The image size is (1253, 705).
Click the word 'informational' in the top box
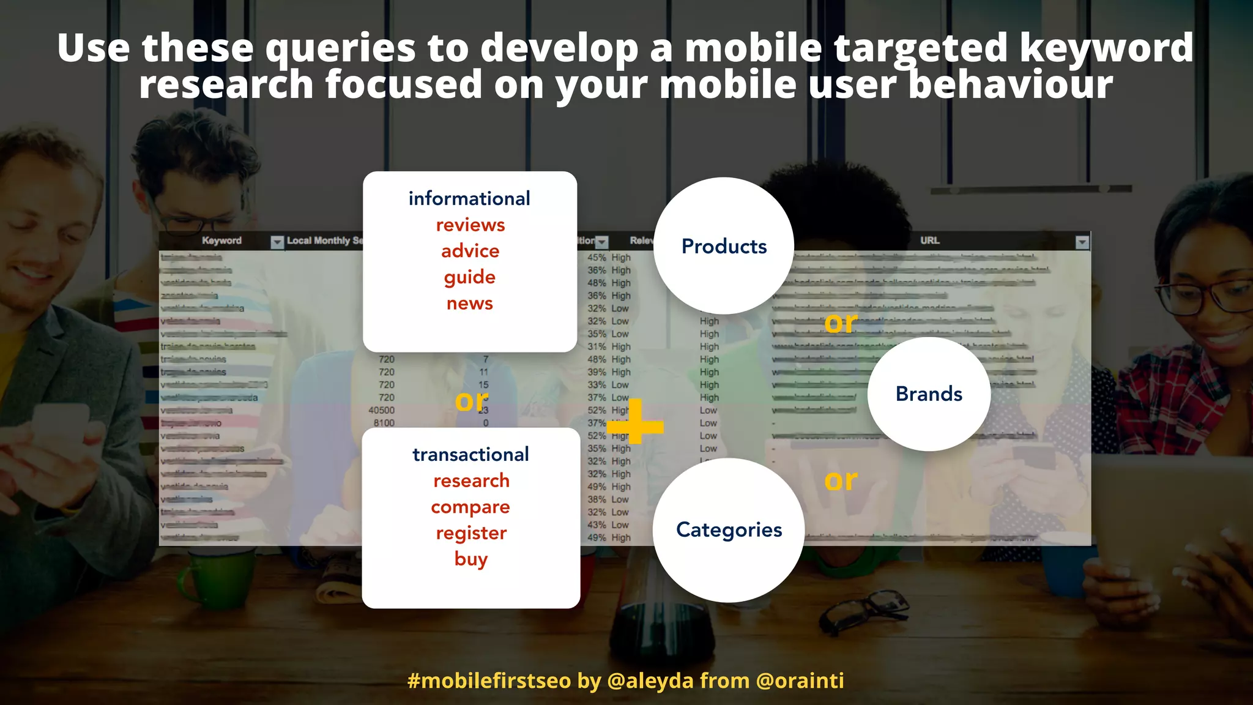[469, 198]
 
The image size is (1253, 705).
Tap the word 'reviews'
[470, 225]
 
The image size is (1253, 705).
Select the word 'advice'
[470, 251]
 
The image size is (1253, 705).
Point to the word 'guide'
[469, 277]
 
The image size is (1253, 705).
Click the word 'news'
[469, 304]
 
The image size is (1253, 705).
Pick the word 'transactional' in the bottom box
[470, 454]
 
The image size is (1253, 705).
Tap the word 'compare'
[470, 507]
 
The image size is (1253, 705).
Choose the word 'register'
[471, 533]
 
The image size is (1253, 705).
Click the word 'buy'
[470, 559]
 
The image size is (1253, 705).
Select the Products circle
[724, 246]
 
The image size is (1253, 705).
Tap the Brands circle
[929, 394]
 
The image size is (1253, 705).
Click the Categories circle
[729, 530]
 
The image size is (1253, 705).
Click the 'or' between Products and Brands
[841, 323]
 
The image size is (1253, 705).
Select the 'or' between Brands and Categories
[841, 480]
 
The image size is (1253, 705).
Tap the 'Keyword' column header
[221, 241]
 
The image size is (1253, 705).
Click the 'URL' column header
[929, 241]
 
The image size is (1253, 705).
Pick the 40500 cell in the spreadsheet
[381, 410]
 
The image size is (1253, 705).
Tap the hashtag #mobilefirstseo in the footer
[489, 681]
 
